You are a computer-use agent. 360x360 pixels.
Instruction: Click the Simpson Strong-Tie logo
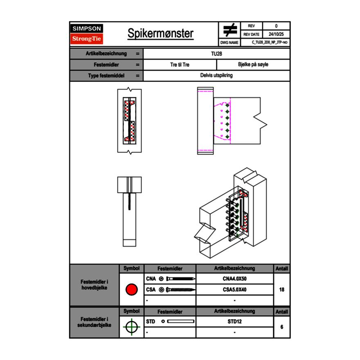click(x=87, y=34)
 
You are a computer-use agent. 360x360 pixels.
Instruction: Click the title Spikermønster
click(x=160, y=34)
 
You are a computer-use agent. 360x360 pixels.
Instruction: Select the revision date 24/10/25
click(x=276, y=34)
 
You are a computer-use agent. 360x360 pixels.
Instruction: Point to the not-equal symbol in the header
click(x=230, y=30)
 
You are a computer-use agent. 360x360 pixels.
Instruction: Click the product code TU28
click(x=216, y=54)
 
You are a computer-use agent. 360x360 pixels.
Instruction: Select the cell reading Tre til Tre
click(x=180, y=65)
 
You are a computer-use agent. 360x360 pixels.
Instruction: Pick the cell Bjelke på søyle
click(x=253, y=65)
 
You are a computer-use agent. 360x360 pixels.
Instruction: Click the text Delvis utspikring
click(x=216, y=76)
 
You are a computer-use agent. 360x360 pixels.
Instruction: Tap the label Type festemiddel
click(x=106, y=76)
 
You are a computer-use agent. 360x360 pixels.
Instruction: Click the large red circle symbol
click(x=131, y=290)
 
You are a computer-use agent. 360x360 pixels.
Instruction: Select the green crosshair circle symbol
click(x=131, y=327)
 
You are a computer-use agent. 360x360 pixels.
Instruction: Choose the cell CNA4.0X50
click(x=234, y=279)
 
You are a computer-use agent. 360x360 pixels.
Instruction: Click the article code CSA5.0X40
click(x=234, y=290)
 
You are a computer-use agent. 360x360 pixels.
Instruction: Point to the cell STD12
click(x=234, y=322)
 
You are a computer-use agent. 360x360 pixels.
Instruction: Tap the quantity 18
click(x=281, y=290)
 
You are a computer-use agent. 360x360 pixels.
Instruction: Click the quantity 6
click(x=281, y=327)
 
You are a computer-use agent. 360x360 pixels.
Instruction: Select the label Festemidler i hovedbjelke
click(x=94, y=285)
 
